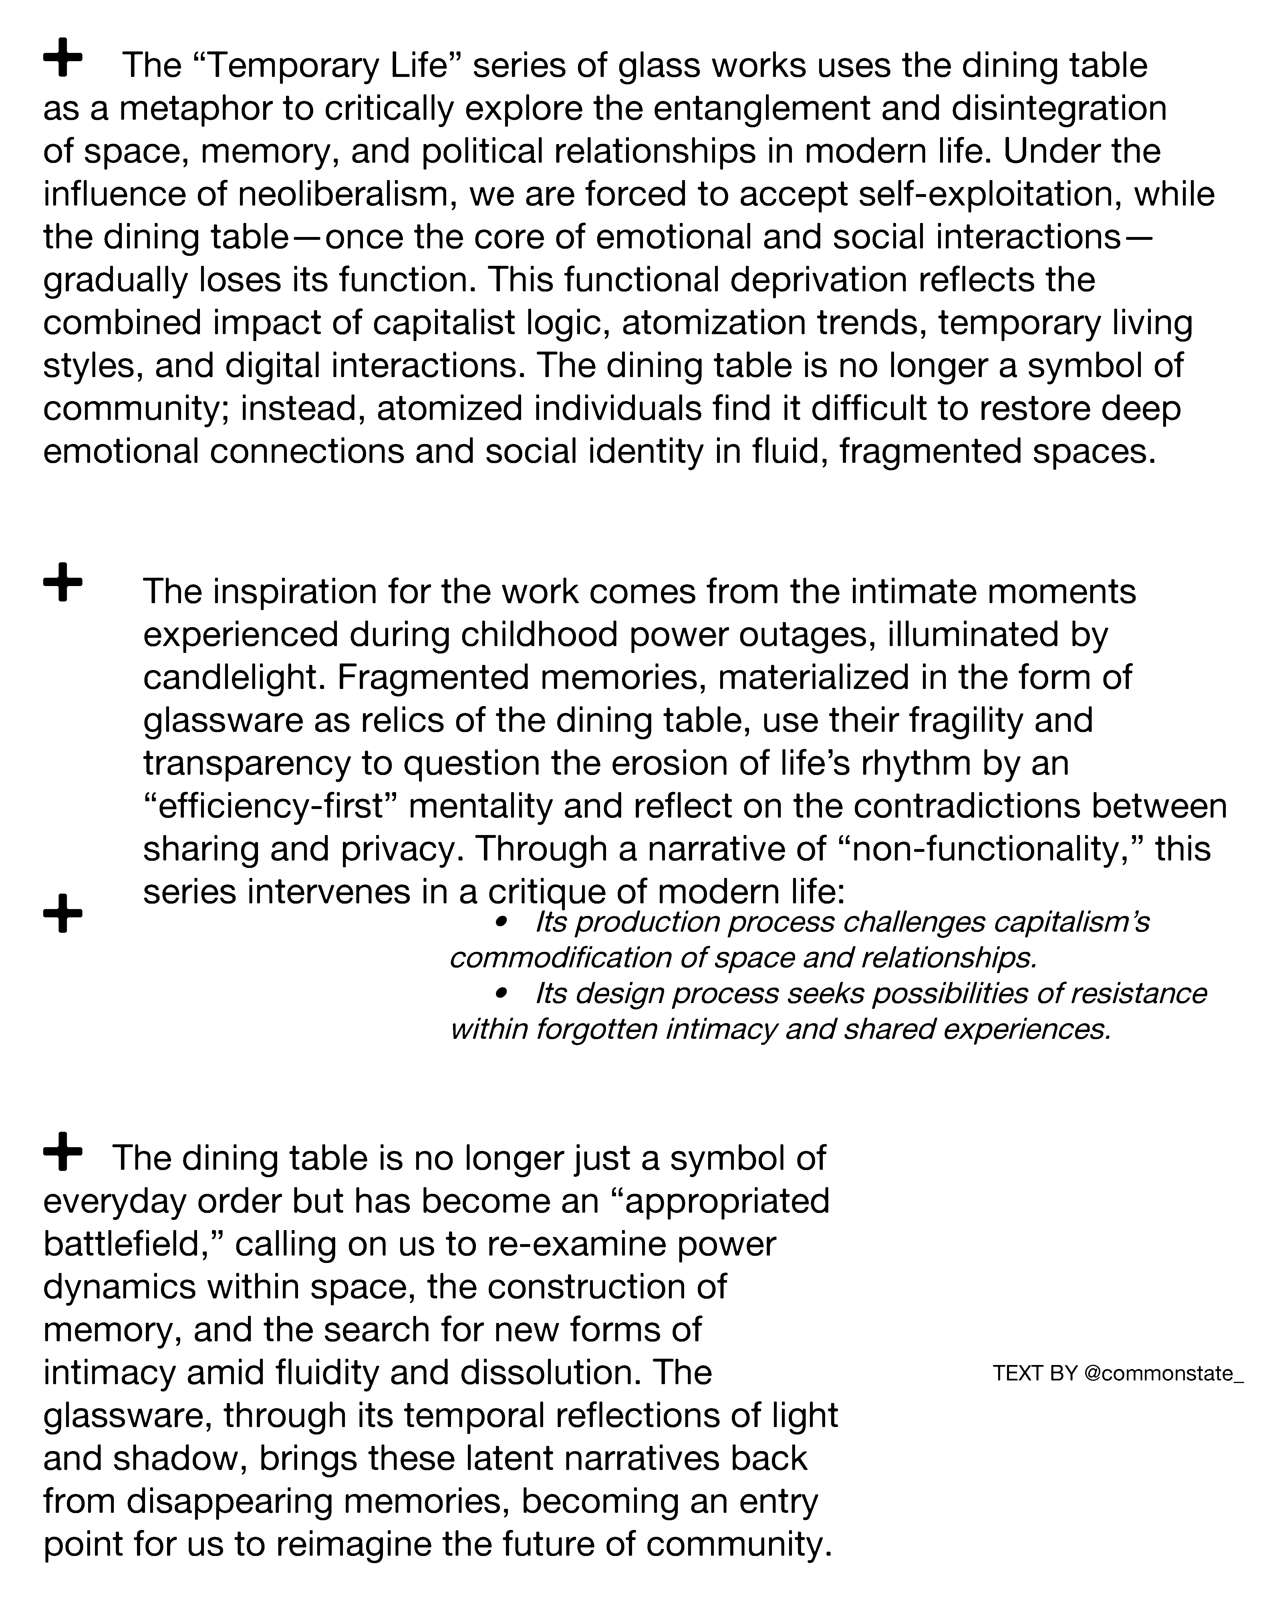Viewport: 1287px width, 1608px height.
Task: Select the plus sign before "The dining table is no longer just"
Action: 63,1152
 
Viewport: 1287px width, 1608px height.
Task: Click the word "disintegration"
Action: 1059,109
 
